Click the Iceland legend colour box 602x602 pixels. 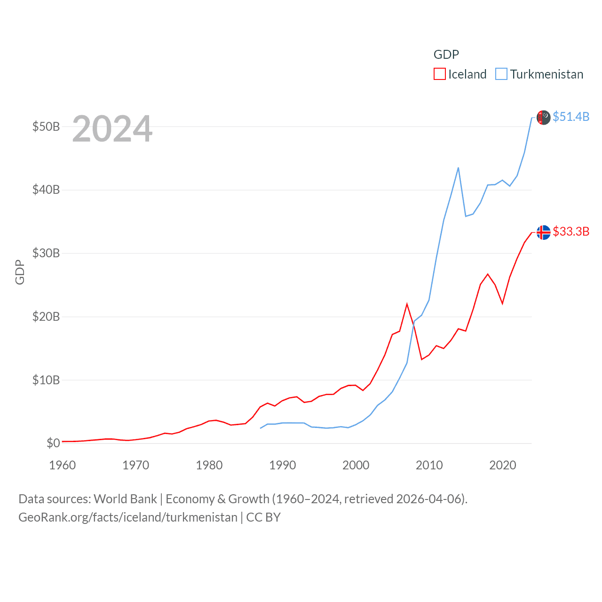(x=439, y=74)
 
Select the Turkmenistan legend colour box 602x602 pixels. (x=501, y=74)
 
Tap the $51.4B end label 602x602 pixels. (x=571, y=117)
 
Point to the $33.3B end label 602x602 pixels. (x=571, y=231)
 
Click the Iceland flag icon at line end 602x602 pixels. (x=543, y=232)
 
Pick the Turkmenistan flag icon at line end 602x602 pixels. (x=543, y=118)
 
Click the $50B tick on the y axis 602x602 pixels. (x=46, y=127)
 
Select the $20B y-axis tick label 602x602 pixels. (x=46, y=317)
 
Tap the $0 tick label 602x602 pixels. (x=53, y=443)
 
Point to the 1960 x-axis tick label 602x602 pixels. (x=62, y=465)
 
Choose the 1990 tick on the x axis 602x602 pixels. (x=282, y=465)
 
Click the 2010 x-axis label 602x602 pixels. (x=429, y=465)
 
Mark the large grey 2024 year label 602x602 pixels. (x=112, y=128)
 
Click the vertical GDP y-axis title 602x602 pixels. (x=20, y=272)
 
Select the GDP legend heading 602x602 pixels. (x=446, y=55)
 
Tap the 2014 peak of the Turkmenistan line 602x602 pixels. (x=458, y=168)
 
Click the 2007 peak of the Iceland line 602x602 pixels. (x=407, y=304)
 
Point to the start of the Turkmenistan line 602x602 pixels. (x=261, y=428)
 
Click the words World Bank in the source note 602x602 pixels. (x=125, y=499)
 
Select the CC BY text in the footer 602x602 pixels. (x=263, y=517)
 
